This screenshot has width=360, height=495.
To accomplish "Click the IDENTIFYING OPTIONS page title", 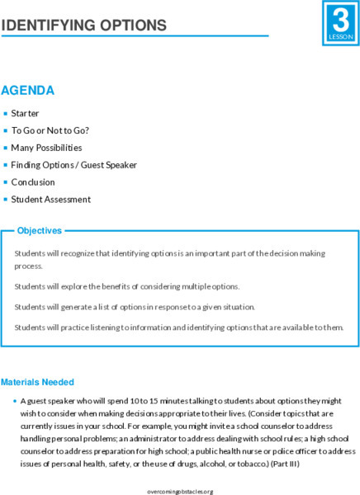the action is (83, 26).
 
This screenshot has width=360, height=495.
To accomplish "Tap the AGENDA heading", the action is (28, 90).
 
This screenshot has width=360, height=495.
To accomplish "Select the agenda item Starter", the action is (25, 113).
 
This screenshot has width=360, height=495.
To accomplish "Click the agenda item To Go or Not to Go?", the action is (50, 130).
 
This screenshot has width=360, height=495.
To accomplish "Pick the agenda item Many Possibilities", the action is (46, 148).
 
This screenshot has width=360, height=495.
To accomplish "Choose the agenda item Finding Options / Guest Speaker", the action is (73, 165).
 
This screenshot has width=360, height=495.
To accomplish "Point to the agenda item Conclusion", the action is (33, 181).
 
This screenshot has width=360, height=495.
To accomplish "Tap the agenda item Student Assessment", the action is (51, 199).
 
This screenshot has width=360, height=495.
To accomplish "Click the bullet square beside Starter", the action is (5, 113).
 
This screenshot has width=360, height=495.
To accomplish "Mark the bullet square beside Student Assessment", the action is (5, 199).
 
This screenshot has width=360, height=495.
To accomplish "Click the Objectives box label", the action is (38, 231).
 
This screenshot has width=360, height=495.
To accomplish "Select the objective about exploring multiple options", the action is (126, 285).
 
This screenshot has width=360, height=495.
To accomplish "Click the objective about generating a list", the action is (135, 307).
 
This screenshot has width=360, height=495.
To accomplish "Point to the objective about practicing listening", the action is (178, 328).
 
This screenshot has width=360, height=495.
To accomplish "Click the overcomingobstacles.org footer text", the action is (179, 490).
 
